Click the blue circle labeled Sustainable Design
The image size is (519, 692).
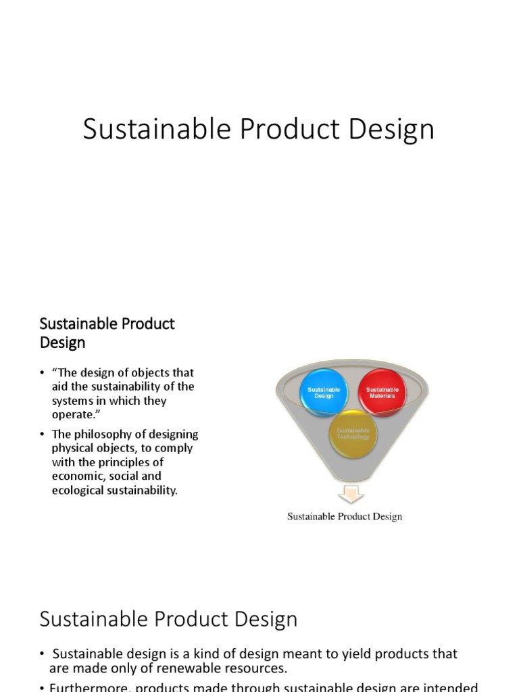click(324, 392)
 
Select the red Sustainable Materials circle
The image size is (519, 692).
click(382, 392)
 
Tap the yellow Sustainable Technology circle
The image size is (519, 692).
click(353, 433)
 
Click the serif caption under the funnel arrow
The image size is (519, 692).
click(345, 517)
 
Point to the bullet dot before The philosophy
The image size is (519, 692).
click(43, 435)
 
